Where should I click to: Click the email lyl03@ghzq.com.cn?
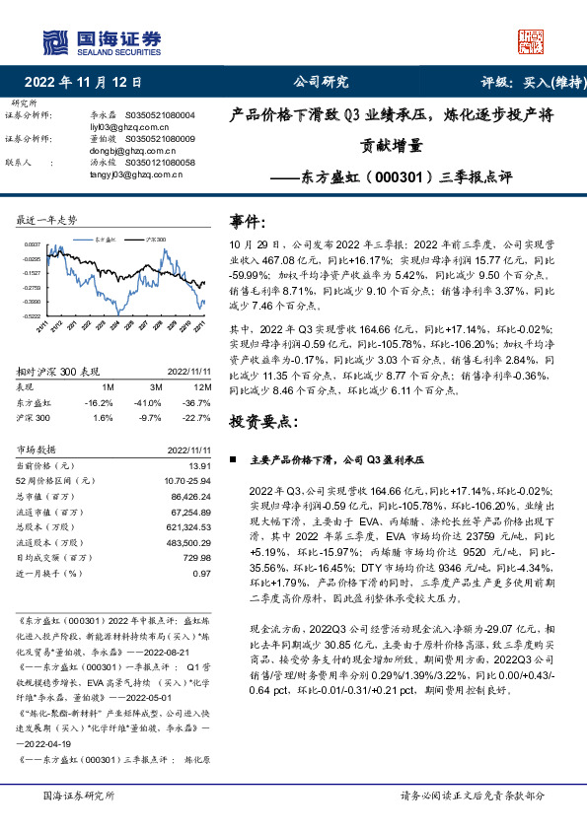[113, 127]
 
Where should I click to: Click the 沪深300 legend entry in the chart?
[156, 239]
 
